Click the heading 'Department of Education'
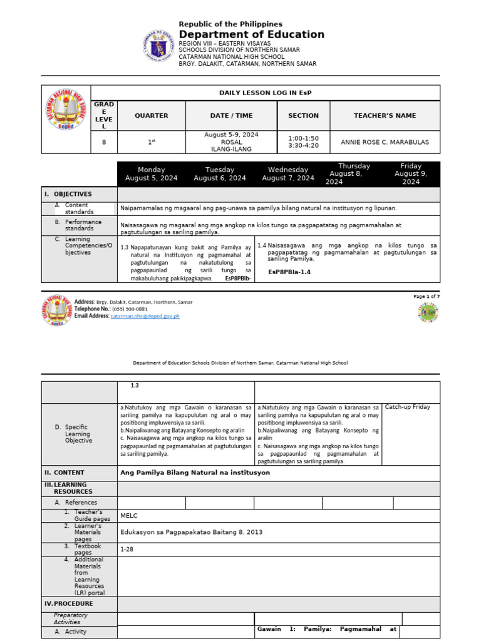(x=251, y=34)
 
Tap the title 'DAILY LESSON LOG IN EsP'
(x=265, y=93)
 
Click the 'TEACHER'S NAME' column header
(x=385, y=116)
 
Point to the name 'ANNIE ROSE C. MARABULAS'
(x=385, y=142)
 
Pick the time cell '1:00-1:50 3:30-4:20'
(x=303, y=142)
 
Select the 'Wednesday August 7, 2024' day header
(x=288, y=174)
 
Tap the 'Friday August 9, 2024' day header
(x=411, y=174)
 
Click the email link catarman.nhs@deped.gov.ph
(x=145, y=316)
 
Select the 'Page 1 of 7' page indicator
(x=427, y=296)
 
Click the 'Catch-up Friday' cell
(x=407, y=407)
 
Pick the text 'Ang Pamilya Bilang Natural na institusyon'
(x=195, y=473)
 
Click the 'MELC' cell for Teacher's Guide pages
(x=128, y=516)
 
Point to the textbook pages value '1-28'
(x=127, y=548)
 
